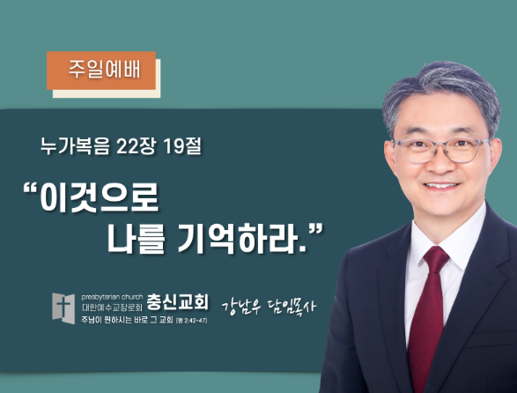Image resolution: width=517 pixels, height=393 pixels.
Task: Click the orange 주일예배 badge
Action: click(101, 70)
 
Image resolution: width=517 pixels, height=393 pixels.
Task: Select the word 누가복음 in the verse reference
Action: click(75, 146)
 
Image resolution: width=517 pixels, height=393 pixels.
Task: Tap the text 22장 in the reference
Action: click(136, 146)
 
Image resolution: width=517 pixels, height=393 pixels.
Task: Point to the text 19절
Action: click(182, 146)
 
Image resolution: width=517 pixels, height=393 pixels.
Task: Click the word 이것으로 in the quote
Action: click(100, 198)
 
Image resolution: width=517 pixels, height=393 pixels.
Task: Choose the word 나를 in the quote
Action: click(136, 238)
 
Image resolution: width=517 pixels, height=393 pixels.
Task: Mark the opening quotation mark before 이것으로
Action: click(30, 189)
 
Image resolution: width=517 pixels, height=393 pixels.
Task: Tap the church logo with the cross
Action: click(63, 308)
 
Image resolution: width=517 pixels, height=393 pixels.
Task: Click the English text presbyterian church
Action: click(112, 297)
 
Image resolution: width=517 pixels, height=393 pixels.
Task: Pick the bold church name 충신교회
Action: click(177, 301)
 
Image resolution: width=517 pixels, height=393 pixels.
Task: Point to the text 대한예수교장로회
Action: click(112, 308)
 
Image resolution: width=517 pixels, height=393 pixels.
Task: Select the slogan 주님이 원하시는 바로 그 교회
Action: click(128, 320)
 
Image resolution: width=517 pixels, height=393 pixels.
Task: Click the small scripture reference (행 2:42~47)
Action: click(192, 321)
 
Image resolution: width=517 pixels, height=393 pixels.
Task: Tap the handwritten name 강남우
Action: click(241, 307)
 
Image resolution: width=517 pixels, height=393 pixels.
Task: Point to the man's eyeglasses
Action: click(441, 150)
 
